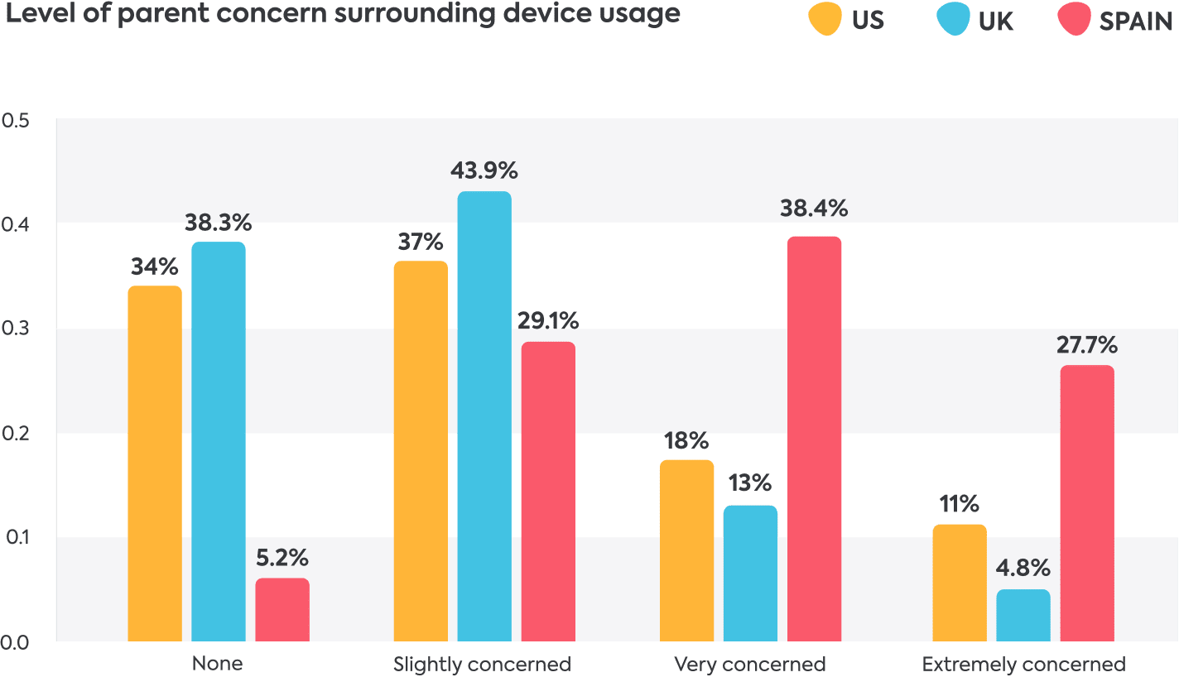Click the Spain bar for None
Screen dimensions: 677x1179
(282, 610)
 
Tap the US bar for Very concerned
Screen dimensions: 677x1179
(686, 550)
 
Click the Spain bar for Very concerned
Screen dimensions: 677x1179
(814, 439)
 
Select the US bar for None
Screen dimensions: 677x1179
(155, 463)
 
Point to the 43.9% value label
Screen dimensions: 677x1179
(484, 171)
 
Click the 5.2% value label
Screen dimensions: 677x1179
(282, 557)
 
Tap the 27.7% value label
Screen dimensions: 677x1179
(1087, 344)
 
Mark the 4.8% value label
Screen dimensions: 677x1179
(1023, 569)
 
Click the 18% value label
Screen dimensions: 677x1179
(686, 440)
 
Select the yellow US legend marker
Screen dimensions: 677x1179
(825, 20)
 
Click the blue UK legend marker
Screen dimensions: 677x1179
(953, 20)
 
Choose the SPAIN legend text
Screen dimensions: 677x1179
(1135, 22)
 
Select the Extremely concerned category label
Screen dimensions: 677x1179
(1023, 665)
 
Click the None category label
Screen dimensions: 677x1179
(218, 665)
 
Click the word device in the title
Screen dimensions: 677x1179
(489, 13)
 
